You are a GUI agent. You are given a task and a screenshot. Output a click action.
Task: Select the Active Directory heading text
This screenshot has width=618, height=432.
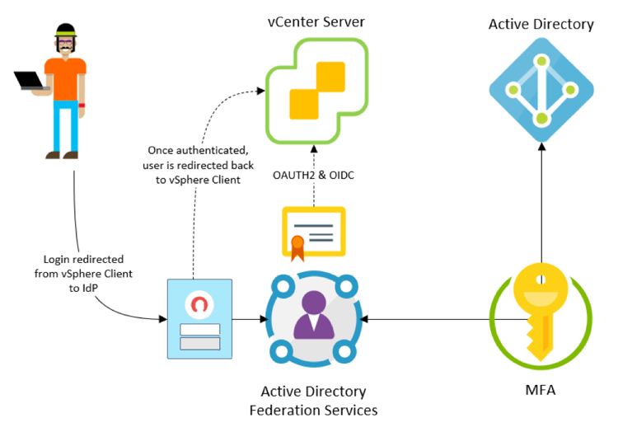[541, 24]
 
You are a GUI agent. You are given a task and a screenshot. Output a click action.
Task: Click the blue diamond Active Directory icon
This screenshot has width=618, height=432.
[541, 92]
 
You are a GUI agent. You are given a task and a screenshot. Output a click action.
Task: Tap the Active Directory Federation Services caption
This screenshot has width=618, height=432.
[313, 401]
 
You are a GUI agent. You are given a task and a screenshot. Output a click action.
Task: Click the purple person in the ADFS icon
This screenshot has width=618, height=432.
[314, 316]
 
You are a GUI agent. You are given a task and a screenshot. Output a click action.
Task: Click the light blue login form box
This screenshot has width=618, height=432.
[199, 318]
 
